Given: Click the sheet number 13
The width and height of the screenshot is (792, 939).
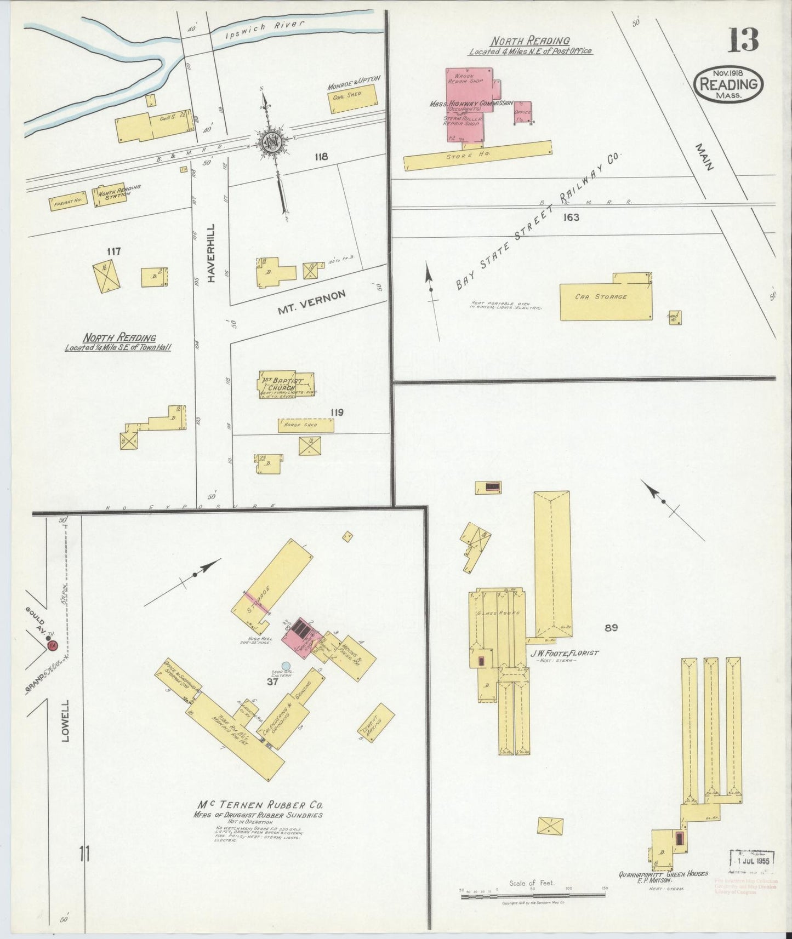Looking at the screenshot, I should coord(743,40).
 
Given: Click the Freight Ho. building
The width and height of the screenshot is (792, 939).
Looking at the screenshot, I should coord(68,202).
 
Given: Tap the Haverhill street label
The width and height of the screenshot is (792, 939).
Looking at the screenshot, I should coord(212,253).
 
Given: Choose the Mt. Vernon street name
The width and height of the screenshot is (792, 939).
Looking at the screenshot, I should coord(311,302).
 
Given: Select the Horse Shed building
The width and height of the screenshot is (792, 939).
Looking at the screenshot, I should coord(305,425).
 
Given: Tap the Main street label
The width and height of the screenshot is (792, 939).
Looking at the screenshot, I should coord(705,157).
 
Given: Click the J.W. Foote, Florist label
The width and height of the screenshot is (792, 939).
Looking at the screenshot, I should coord(564,653).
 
